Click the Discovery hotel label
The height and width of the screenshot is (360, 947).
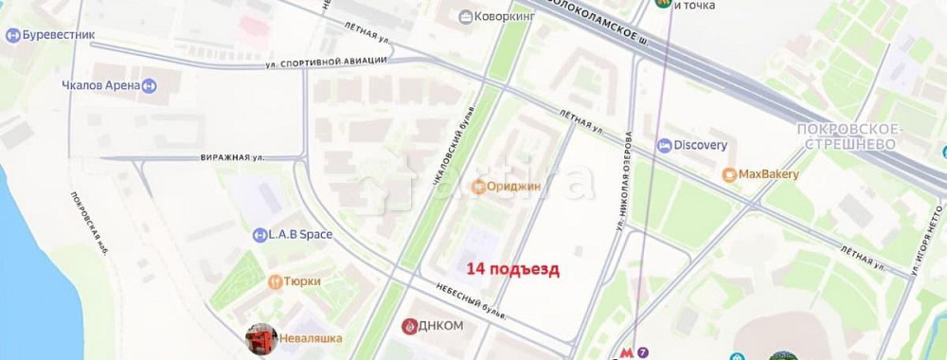point(700,145)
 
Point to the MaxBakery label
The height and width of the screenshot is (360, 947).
point(768,174)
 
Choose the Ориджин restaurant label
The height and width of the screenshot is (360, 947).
point(514,187)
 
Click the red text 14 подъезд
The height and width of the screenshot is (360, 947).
point(513,269)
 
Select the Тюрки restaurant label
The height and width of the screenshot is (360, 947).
point(301,281)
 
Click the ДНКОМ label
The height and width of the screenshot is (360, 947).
point(441,326)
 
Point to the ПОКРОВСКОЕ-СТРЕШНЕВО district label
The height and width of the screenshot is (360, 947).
point(852,135)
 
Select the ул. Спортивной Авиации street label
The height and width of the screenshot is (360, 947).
point(326,62)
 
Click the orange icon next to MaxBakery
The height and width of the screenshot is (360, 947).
point(728,175)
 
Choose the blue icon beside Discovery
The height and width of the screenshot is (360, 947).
point(664,145)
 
